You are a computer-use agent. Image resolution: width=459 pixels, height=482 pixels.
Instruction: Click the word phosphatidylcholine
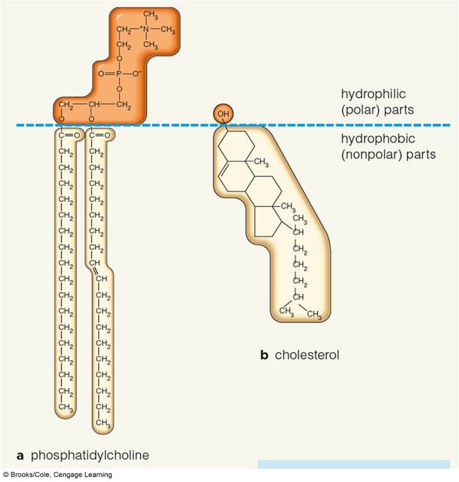[x=91, y=454]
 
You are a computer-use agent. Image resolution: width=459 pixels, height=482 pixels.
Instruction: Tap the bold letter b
[x=264, y=355]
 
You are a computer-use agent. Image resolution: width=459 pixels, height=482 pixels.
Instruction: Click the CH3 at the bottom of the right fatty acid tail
[x=104, y=426]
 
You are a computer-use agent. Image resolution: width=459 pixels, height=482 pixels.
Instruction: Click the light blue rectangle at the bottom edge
[x=353, y=464]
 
